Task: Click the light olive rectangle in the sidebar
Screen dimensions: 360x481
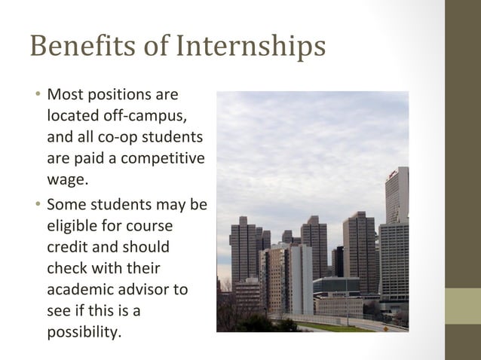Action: [x=462, y=306]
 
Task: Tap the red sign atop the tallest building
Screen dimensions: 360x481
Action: [x=394, y=174]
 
